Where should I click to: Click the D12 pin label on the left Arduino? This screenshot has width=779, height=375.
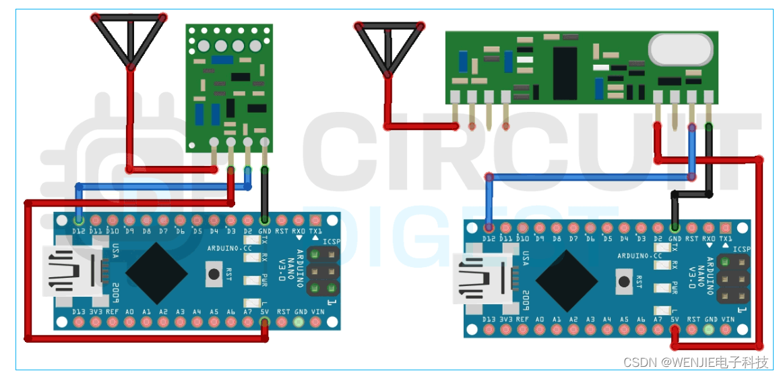tap(79, 231)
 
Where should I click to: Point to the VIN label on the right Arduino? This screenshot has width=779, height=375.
tap(728, 319)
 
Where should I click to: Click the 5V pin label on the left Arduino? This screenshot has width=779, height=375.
tap(265, 312)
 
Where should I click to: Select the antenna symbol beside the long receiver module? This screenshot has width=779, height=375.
tap(390, 47)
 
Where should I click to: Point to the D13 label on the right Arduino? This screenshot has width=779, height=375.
tap(489, 319)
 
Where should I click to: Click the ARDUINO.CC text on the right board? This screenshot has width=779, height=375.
tap(640, 256)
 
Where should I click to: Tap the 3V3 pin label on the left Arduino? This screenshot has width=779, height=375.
tap(96, 312)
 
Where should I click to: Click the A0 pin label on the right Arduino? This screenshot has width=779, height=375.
tap(540, 319)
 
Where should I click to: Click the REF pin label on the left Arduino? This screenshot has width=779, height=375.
tap(113, 312)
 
